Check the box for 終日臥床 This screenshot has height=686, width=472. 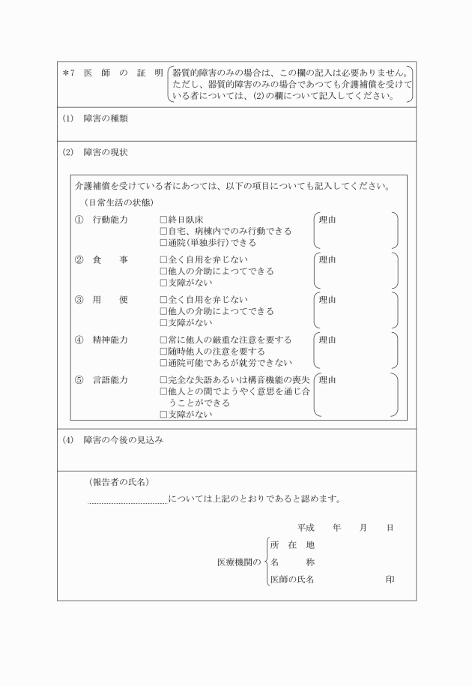click(163, 220)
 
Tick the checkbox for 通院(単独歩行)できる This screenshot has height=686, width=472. click(163, 243)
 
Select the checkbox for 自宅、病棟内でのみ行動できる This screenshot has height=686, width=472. click(163, 232)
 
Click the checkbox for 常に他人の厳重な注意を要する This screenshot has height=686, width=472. click(163, 340)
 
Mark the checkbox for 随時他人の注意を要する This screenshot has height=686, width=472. click(163, 352)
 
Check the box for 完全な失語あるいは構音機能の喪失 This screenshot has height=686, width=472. click(163, 379)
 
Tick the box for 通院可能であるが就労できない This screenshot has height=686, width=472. click(163, 363)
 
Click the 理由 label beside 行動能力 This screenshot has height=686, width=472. click(327, 220)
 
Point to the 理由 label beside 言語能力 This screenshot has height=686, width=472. click(327, 379)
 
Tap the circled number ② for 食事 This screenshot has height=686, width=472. click(79, 260)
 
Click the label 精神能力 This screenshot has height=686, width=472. click(110, 340)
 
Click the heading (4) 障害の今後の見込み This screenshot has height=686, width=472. click(113, 440)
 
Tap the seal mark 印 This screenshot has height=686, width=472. click(390, 580)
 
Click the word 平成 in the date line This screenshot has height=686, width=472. click(306, 528)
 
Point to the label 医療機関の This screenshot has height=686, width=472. click(238, 562)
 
